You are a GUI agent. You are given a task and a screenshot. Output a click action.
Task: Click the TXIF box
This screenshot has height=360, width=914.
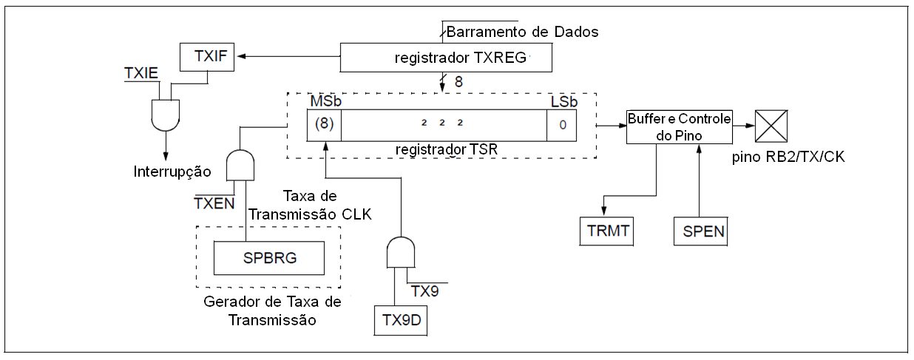pos(208,56)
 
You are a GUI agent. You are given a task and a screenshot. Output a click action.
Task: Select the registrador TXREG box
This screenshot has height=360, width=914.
pos(448,57)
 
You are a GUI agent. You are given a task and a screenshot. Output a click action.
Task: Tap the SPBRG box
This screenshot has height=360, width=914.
pos(268,257)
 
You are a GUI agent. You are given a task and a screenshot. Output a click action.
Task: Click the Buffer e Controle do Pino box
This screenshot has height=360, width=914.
pos(679,126)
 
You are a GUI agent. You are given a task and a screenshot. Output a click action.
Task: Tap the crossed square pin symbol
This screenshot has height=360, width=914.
pos(771,126)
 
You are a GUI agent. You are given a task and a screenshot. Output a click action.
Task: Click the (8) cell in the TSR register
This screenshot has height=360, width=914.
pos(324,124)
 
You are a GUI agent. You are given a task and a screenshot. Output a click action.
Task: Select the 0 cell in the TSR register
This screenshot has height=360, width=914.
pos(562,125)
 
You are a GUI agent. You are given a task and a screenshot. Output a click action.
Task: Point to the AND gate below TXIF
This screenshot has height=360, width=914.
pos(165,112)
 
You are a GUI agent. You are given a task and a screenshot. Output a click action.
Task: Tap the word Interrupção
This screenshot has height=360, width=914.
pos(172,171)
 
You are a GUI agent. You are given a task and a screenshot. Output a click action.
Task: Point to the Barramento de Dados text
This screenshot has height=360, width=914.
pos(521,32)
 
